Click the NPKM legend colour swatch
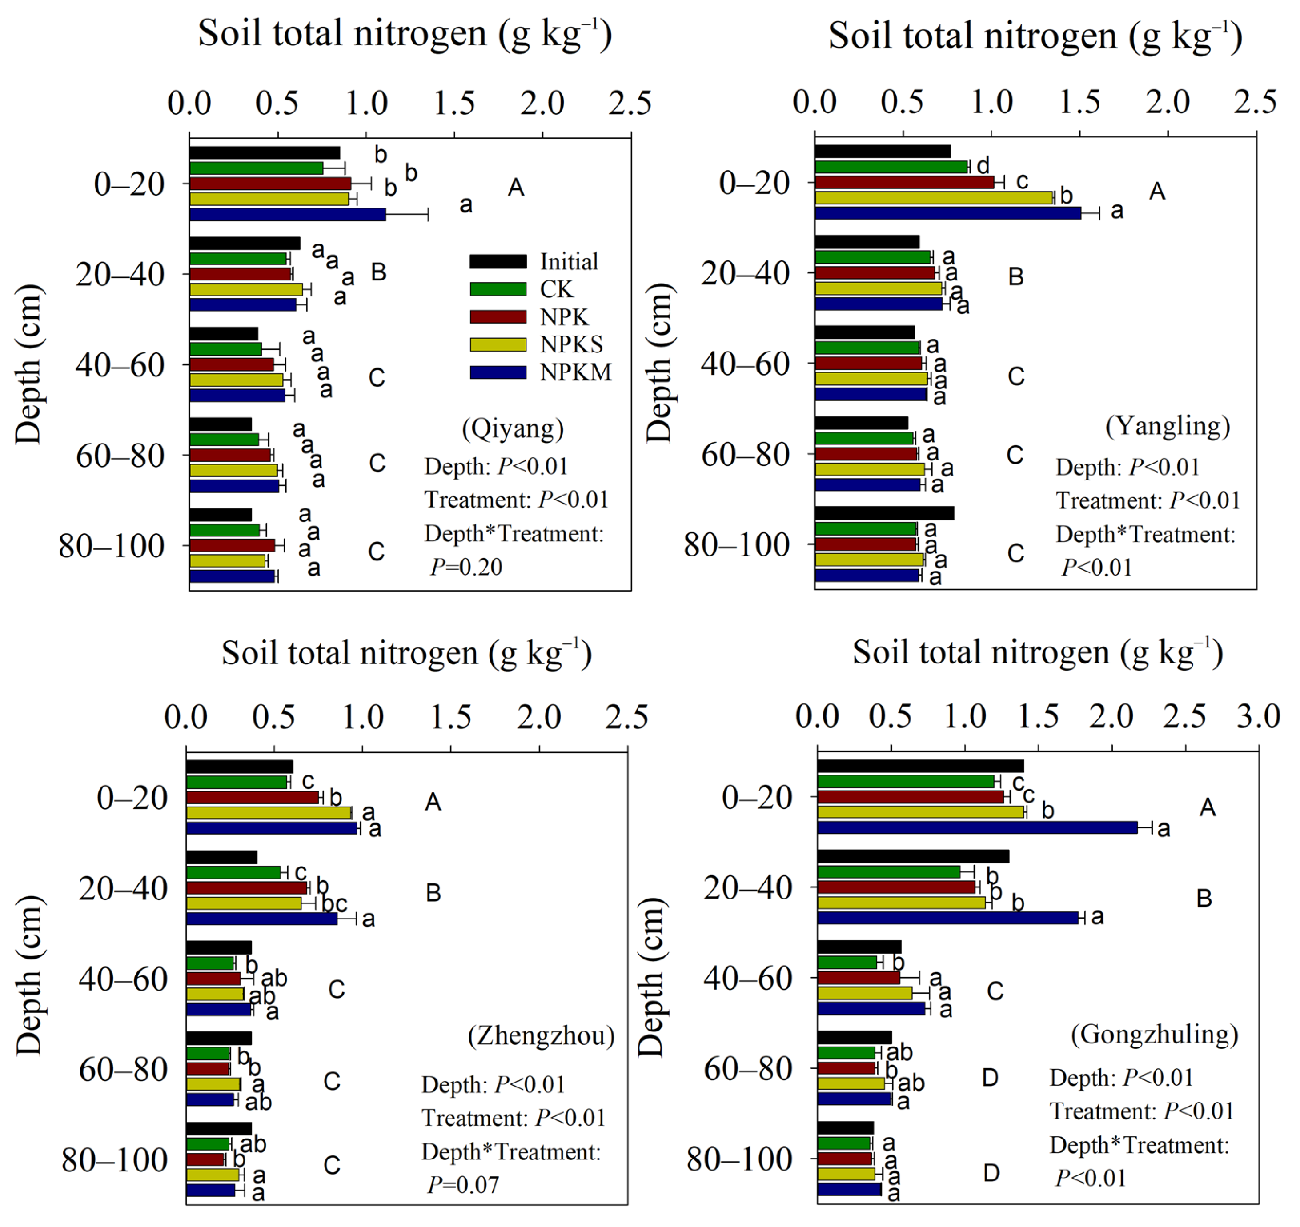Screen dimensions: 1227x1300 [498, 372]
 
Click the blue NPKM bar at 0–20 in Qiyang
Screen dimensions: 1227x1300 [287, 214]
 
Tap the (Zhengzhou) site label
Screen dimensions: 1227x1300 [541, 1035]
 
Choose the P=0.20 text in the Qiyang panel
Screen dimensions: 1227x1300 [466, 567]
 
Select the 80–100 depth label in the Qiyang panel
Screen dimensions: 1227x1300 [111, 546]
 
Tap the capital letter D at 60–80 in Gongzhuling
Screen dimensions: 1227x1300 [990, 1077]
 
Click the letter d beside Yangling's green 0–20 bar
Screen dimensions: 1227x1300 [983, 166]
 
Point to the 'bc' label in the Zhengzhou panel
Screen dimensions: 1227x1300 [334, 904]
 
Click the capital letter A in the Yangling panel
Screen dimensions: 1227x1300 [1157, 192]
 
